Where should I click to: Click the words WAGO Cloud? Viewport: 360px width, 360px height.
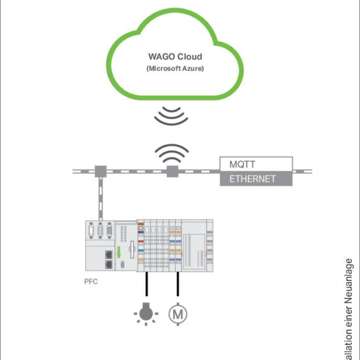point(175,57)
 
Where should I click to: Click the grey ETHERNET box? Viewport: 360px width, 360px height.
point(256,179)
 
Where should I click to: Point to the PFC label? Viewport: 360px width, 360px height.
point(91,283)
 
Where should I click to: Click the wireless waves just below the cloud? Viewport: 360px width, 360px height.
point(171,116)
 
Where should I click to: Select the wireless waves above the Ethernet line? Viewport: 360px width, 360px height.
point(171,153)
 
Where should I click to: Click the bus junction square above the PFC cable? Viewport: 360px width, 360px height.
point(99,171)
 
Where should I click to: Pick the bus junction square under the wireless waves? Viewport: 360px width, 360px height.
point(171,171)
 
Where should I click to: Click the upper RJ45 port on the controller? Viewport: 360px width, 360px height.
point(108,255)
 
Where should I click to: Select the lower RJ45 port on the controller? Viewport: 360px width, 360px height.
point(108,264)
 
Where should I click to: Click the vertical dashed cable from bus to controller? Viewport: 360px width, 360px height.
point(100,198)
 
